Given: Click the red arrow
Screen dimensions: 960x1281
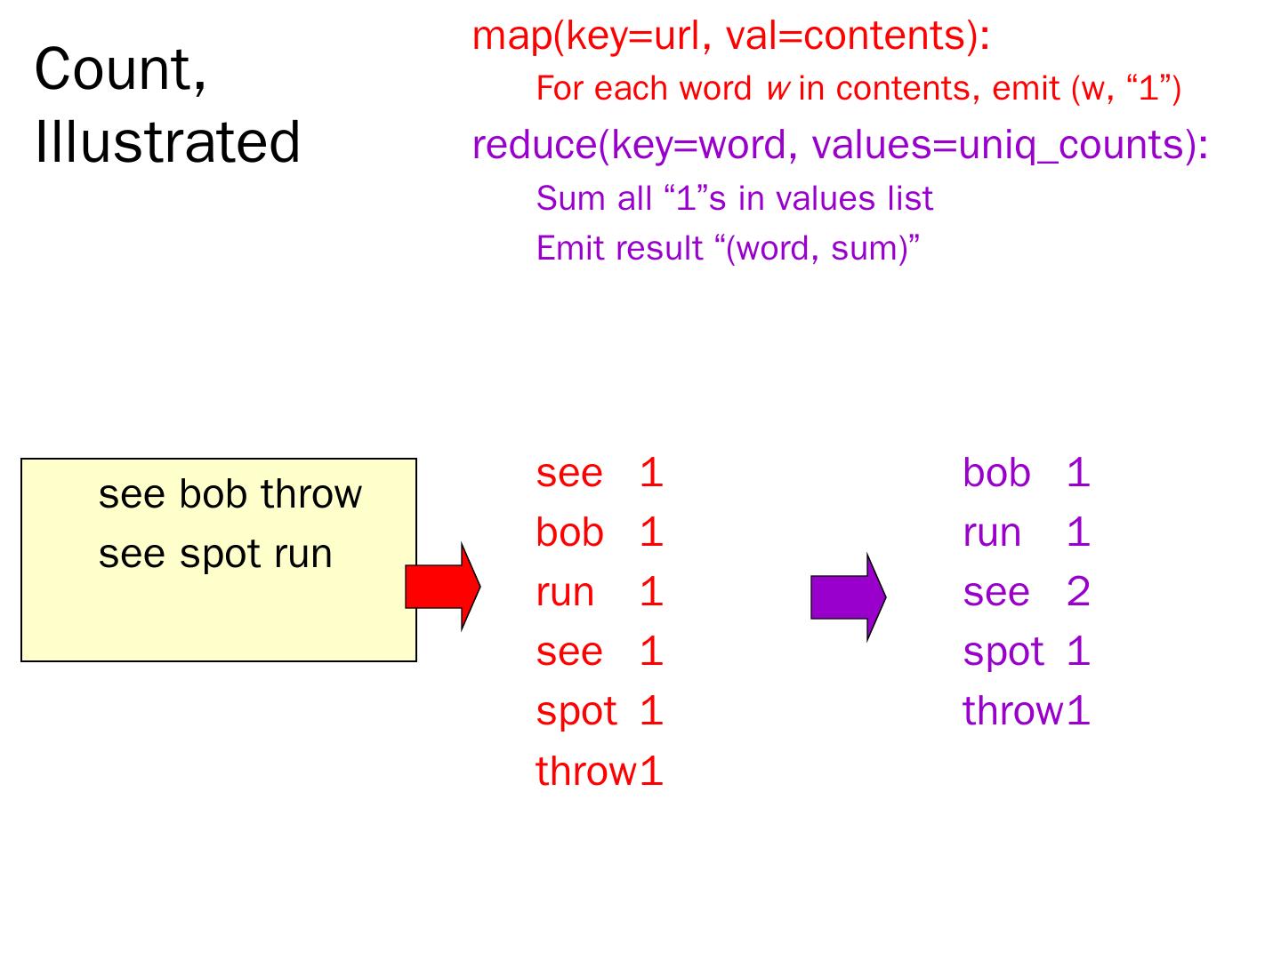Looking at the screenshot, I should [442, 588].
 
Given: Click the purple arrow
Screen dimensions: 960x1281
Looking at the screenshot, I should [848, 597].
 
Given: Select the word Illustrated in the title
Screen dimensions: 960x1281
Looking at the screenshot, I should [167, 143].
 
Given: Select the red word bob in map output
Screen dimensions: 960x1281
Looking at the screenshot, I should [569, 533].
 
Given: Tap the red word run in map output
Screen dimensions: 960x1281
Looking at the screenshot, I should [564, 593].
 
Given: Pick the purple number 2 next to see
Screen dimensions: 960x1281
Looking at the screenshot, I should [1077, 593].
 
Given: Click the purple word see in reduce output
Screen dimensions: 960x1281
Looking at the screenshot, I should [995, 593].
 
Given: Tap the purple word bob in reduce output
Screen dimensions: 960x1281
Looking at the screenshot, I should [996, 474].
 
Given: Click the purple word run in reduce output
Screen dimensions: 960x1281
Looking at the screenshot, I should [991, 533].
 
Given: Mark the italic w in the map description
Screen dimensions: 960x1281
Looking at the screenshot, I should [775, 89].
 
